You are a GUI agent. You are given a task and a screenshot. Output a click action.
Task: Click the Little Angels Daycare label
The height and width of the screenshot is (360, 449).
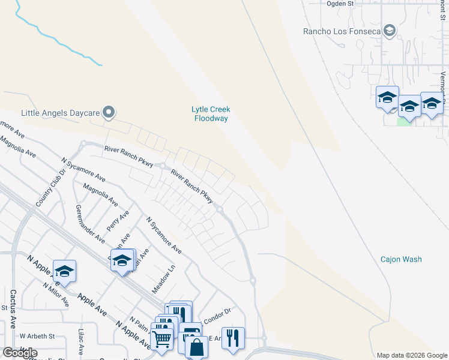tap(59, 112)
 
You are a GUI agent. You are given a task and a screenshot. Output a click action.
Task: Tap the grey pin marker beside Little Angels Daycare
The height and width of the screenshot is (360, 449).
tap(109, 112)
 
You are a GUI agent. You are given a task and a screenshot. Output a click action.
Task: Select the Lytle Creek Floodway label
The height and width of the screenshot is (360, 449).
tap(211, 114)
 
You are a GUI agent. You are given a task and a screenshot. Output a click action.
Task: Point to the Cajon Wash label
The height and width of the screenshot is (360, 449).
tap(401, 259)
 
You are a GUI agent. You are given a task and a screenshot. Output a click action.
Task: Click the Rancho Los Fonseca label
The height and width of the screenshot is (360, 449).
tap(342, 31)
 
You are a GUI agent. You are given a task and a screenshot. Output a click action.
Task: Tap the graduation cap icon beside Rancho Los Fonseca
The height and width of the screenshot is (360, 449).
tap(390, 31)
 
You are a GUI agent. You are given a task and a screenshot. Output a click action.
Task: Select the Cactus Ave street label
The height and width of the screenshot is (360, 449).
tap(13, 309)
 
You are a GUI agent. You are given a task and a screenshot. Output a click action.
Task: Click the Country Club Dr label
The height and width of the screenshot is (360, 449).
tap(44, 191)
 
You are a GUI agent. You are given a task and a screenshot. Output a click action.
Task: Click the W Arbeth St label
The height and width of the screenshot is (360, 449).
tap(37, 336)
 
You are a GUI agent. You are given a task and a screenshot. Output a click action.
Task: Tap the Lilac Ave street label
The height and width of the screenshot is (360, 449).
tap(82, 340)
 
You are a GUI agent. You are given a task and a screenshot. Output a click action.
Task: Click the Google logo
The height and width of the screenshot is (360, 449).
tap(20, 353)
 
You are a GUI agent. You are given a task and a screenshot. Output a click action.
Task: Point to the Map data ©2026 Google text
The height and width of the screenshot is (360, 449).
tap(411, 355)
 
